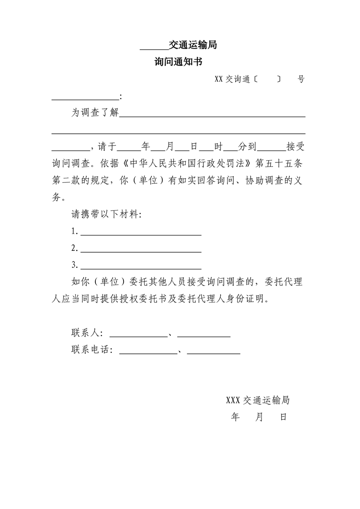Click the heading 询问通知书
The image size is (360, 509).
[x=180, y=62]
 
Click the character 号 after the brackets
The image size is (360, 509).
[x=301, y=79]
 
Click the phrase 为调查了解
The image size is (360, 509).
[x=95, y=113]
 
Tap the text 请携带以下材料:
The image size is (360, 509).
[x=106, y=215]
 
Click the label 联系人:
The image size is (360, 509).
[x=87, y=333]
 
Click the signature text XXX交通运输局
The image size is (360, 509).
[x=258, y=401]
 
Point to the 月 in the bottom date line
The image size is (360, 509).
[x=259, y=417]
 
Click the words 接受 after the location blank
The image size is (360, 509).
[x=295, y=147]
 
